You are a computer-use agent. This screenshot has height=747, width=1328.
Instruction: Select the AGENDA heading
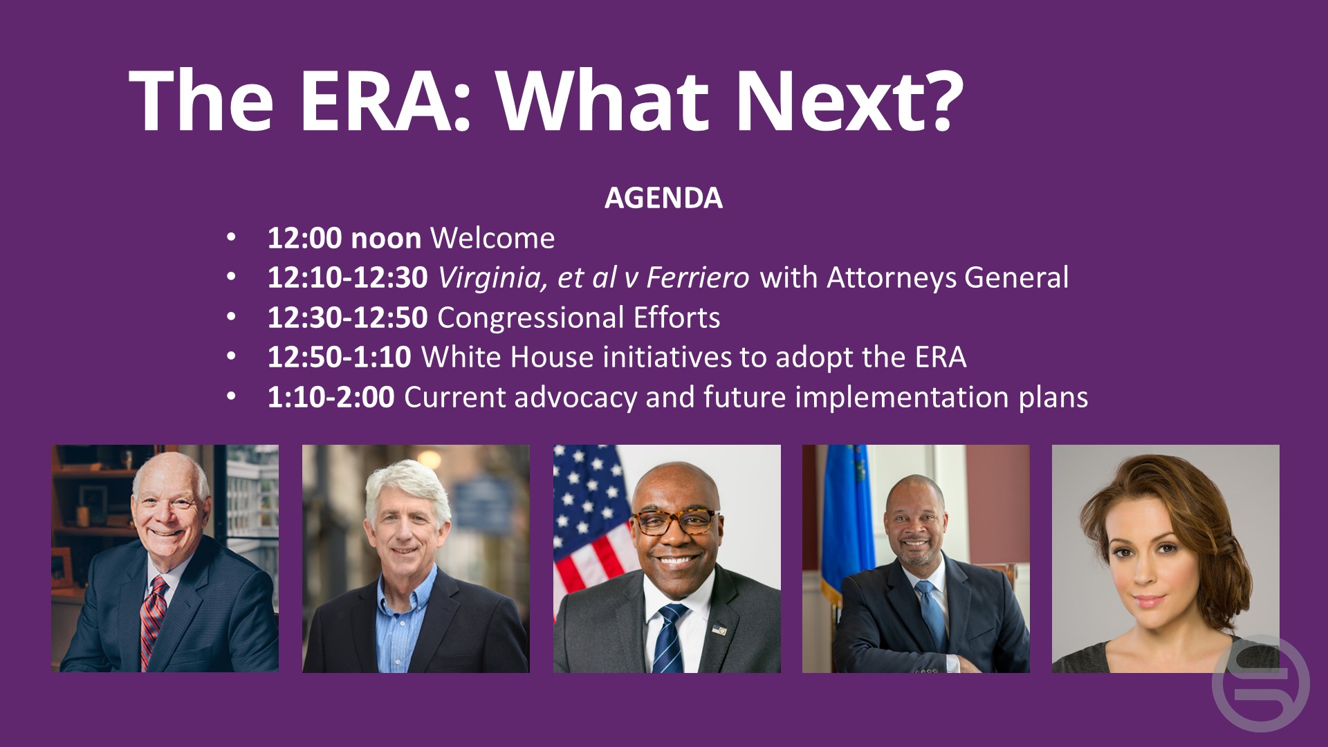[x=663, y=198]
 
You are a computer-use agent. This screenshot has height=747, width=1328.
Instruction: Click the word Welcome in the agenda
[x=492, y=238]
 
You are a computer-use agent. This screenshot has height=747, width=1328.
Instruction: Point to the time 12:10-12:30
[x=348, y=277]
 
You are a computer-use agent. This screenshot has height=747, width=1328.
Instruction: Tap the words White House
[x=507, y=357]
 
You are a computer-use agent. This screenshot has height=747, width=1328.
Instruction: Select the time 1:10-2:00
[x=331, y=397]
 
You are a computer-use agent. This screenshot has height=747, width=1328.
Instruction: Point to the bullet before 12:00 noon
[x=231, y=238]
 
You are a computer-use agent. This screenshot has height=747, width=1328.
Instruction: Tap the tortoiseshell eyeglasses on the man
[x=674, y=521]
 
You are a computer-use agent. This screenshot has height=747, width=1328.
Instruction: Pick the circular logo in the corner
[x=1260, y=683]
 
